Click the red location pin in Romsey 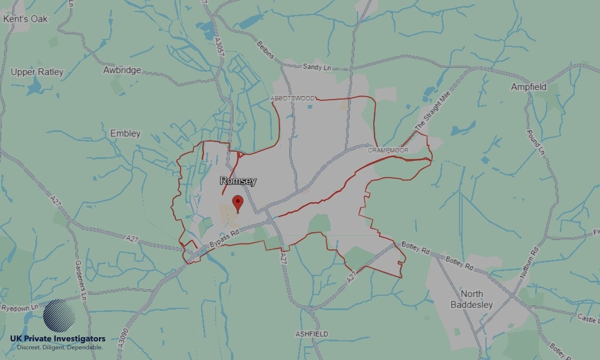[238, 203]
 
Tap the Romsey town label [238, 181]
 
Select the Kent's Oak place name [25, 19]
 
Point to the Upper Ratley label [37, 72]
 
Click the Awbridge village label [122, 70]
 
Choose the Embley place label [125, 133]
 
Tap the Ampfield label [529, 87]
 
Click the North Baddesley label [472, 299]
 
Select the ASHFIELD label [311, 334]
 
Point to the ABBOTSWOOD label [292, 98]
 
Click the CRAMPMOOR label [388, 150]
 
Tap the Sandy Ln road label [317, 68]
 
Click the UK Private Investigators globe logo [59, 316]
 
